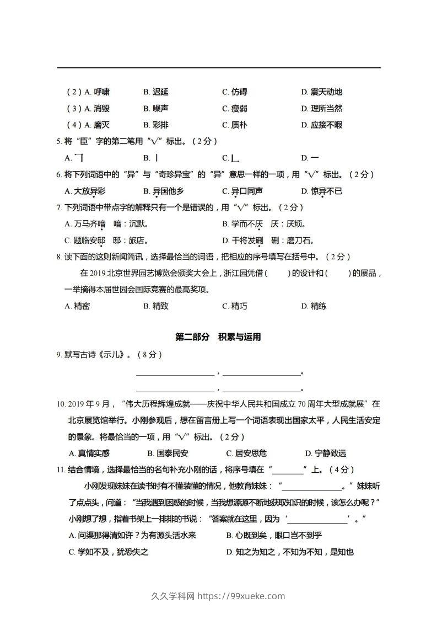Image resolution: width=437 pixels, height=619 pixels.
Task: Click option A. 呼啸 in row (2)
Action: pos(97,92)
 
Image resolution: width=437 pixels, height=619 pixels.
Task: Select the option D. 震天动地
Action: pos(322,92)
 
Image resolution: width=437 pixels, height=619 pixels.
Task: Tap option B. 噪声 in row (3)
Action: pos(156,109)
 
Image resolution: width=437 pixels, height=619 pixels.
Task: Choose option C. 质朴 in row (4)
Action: pos(235,125)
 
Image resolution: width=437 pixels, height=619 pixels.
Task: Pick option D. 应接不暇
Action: pos(322,125)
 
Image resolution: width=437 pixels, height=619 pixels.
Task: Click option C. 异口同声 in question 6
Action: pos(242,191)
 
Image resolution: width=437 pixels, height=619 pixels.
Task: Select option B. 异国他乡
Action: pos(164,191)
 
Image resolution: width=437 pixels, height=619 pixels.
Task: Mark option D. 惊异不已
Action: pos(322,191)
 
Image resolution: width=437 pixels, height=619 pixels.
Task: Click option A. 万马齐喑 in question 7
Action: pos(85,224)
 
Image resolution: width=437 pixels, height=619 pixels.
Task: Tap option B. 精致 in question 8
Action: pos(156,306)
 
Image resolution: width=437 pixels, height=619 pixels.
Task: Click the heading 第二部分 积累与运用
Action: pos(218,337)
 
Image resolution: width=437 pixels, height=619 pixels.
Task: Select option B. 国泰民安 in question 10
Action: pos(168,453)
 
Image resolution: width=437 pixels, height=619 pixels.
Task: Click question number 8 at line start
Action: pos(59,257)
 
